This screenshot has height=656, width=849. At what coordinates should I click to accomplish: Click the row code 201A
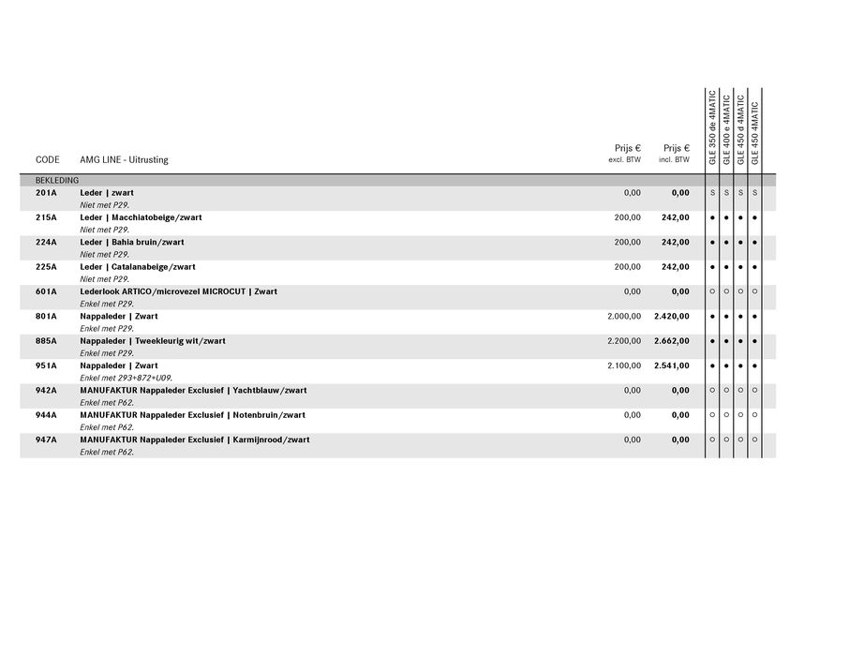46,193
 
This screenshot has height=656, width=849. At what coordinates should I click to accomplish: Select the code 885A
46,341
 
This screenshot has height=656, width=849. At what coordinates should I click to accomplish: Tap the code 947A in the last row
46,440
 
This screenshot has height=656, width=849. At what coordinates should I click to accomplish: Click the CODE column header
47,160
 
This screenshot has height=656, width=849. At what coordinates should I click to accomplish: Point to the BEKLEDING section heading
57,180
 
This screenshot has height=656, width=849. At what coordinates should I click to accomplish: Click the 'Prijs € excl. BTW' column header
626,154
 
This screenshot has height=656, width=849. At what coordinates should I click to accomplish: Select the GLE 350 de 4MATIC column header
712,129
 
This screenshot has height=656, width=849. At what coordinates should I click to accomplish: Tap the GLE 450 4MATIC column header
755,133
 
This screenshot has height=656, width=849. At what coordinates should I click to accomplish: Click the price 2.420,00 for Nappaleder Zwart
671,317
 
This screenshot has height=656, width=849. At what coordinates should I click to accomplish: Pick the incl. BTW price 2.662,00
671,341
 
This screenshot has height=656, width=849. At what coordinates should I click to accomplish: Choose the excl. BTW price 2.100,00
624,365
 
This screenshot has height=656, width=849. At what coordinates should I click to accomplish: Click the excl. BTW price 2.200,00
624,341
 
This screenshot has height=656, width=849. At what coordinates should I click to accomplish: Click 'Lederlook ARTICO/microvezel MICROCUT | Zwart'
178,291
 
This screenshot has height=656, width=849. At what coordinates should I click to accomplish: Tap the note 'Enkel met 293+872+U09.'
126,378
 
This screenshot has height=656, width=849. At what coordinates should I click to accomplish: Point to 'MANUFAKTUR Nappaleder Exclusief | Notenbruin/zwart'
192,415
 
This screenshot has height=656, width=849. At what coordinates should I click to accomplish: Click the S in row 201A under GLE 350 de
712,193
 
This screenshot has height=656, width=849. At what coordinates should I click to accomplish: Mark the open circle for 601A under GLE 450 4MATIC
755,291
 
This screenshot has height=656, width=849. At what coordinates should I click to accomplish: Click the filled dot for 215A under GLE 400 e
726,217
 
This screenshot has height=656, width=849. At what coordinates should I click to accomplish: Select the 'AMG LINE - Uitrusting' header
124,160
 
